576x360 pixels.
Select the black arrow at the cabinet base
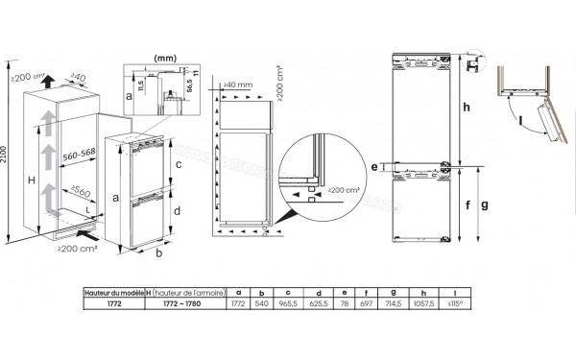[x=87, y=231]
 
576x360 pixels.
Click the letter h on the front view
[x=466, y=108]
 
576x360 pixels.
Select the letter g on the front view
[x=485, y=204]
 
